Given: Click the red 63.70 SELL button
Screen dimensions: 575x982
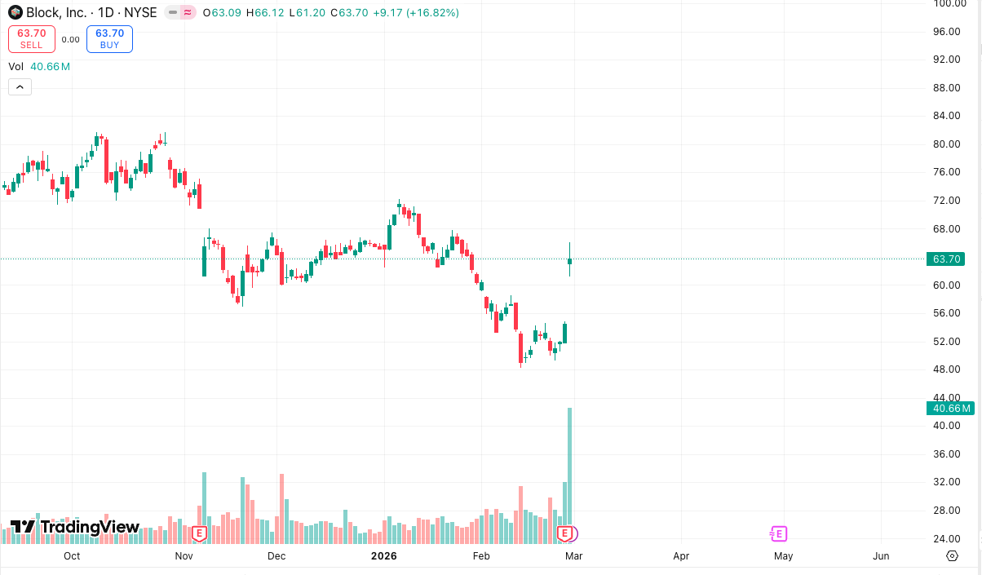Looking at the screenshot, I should click(x=32, y=38).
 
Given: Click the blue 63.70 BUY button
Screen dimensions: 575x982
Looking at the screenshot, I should click(x=109, y=38).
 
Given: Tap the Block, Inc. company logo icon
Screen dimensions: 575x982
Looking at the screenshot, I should click(x=15, y=12).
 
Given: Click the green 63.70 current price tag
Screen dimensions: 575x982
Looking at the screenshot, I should click(x=948, y=259).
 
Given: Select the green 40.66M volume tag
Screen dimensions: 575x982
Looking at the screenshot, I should click(x=949, y=409).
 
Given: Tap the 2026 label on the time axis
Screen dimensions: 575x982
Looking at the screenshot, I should click(x=383, y=556).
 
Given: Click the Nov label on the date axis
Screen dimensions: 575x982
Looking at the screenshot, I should click(x=184, y=556).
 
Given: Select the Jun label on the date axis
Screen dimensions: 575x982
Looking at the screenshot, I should click(x=881, y=556).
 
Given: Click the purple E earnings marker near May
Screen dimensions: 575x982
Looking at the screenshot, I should click(x=778, y=534).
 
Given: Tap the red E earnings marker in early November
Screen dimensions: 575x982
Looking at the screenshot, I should click(x=198, y=534).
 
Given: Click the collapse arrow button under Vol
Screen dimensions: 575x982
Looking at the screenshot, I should click(x=20, y=87).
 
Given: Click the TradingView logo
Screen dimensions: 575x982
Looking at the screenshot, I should click(x=75, y=527).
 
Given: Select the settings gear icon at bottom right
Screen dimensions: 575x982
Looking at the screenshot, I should click(x=952, y=556).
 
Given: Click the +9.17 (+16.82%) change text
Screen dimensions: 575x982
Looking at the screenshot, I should click(x=416, y=13).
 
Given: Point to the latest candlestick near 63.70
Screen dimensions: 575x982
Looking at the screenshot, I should click(x=570, y=261).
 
